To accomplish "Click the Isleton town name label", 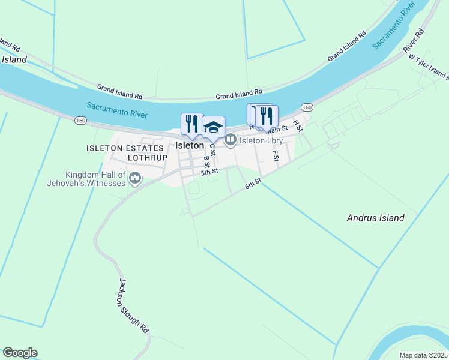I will (190, 145).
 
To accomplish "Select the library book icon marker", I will (230, 140).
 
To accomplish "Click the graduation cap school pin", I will (213, 127).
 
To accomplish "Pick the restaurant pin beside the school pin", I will (192, 124).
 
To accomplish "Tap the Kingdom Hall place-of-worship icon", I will (135, 178).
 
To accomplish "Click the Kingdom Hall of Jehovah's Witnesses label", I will (86, 178).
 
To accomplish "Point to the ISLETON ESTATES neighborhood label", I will (125, 148).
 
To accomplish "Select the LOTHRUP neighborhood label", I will (147, 157).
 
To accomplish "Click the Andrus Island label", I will (375, 218).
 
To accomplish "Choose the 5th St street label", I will (209, 172).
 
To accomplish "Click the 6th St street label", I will (253, 184).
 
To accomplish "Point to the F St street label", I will (276, 155).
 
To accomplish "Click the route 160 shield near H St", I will (307, 107).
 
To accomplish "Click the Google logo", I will (20, 353).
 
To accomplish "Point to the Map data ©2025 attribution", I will (423, 355).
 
